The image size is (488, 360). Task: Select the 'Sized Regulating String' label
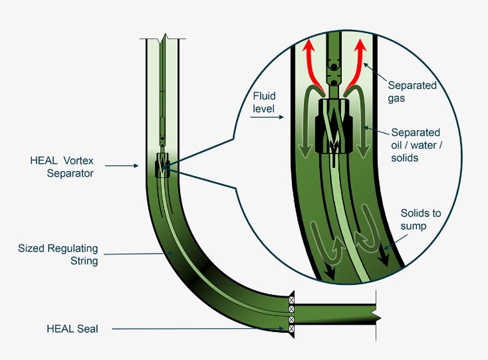(58, 254)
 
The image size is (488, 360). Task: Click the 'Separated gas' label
(412, 92)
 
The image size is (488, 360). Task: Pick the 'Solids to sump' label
(420, 220)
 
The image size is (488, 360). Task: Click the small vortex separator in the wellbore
(162, 165)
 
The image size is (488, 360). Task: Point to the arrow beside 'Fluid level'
(267, 117)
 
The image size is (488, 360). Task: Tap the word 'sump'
(414, 226)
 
